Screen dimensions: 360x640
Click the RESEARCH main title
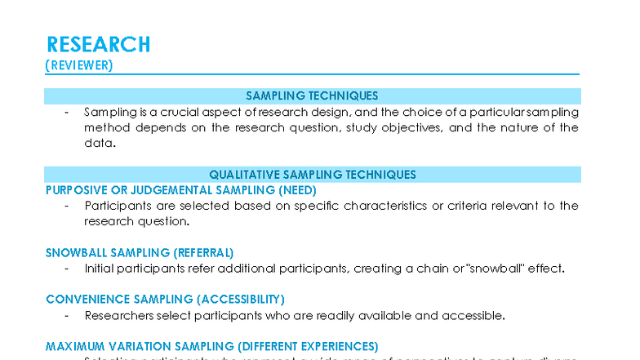pyautogui.click(x=98, y=44)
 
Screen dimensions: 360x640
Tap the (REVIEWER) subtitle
pyautogui.click(x=79, y=64)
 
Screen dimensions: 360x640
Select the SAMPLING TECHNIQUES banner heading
pyautogui.click(x=312, y=96)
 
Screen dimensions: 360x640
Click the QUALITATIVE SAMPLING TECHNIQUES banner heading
pyautogui.click(x=312, y=174)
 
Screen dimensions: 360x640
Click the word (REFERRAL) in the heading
pyautogui.click(x=203, y=252)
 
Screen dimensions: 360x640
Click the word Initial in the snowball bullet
pyautogui.click(x=99, y=268)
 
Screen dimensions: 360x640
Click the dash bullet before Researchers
pyautogui.click(x=66, y=315)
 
